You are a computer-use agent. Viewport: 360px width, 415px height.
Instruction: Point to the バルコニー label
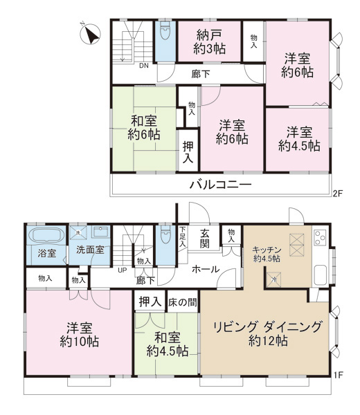coord(221,185)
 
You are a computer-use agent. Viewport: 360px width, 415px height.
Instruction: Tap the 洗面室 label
coord(90,250)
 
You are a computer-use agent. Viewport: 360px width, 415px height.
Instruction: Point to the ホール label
coord(206,269)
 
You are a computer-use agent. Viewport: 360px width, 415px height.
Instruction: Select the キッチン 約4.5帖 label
coord(266,255)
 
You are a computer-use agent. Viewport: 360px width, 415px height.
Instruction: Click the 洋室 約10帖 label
coord(76,333)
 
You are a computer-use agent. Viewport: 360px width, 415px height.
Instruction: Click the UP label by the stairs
coord(122,270)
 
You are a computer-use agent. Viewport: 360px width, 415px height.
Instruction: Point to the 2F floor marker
coord(337,194)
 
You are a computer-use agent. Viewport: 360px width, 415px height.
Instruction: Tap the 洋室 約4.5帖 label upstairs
coord(299,139)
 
